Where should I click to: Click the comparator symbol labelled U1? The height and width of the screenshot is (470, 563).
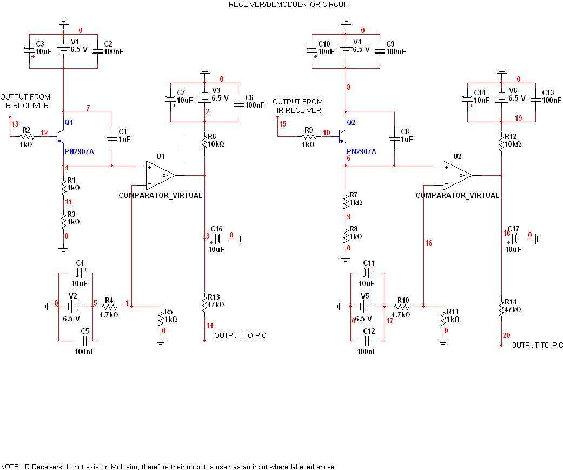[160, 175]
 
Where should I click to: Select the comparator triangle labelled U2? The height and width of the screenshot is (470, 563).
[457, 175]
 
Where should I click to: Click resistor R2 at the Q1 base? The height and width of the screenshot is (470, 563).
[27, 138]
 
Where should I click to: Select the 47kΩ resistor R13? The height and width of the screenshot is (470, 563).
[205, 304]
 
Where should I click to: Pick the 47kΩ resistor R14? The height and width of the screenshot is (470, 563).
[501, 309]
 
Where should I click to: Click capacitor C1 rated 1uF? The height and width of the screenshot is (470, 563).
[112, 139]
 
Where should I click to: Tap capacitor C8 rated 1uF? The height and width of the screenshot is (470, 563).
[394, 139]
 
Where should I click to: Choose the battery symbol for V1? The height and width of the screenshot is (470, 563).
[63, 50]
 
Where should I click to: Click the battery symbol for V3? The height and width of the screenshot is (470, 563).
[205, 98]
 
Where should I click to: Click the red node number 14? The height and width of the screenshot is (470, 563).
[210, 326]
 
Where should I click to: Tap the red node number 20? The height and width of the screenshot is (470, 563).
[506, 335]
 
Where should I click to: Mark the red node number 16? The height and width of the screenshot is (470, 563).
[428, 243]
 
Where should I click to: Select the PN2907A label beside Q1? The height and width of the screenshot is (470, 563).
[79, 152]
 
